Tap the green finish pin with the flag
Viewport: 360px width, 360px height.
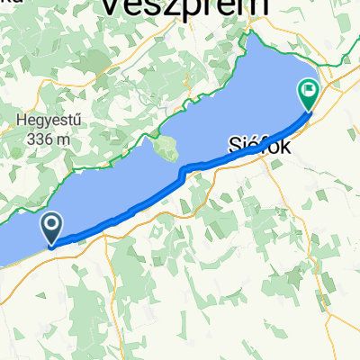[x=308, y=93]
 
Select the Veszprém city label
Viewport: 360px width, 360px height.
[x=184, y=7]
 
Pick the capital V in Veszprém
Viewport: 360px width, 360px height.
[x=106, y=7]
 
